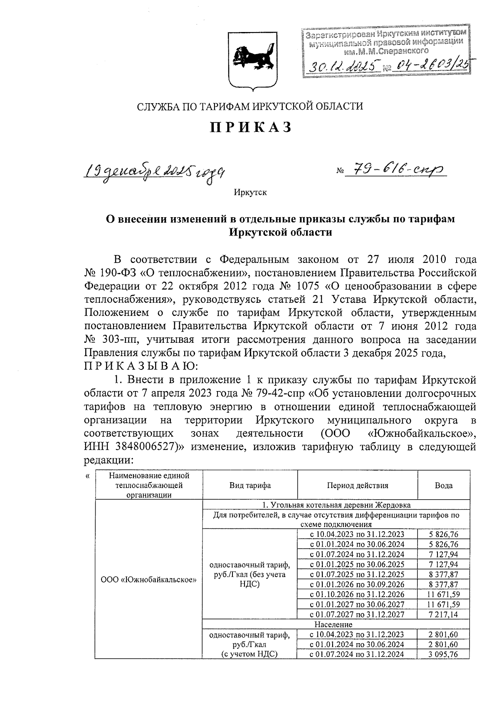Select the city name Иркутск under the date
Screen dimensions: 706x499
tap(249, 192)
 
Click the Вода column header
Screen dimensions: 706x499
tap(444, 485)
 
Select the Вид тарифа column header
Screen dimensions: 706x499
tap(249, 485)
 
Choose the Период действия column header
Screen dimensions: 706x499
tap(357, 485)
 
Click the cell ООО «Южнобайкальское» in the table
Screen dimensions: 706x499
tap(148, 579)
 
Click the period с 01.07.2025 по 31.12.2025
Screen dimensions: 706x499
tap(357, 574)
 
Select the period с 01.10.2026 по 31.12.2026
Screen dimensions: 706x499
tap(357, 594)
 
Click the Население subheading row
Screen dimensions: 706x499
tap(333, 624)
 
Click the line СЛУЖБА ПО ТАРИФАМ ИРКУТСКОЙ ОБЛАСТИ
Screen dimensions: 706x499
tap(250, 107)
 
